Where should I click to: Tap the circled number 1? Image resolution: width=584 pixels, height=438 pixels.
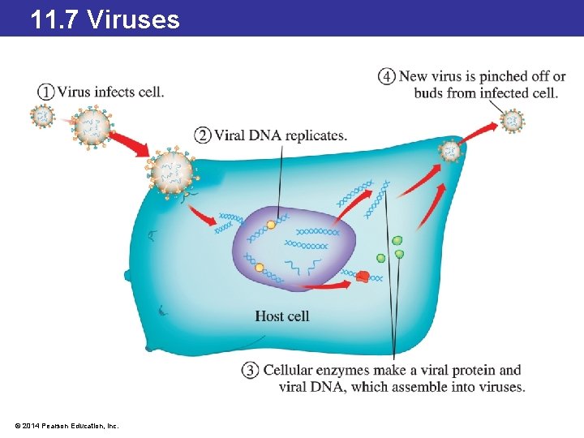46,92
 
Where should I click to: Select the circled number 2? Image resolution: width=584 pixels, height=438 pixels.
203,135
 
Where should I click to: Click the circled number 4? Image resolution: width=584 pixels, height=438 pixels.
387,77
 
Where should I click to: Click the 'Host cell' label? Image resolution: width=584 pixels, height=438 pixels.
281,316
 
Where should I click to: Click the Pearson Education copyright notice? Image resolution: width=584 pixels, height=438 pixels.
66,425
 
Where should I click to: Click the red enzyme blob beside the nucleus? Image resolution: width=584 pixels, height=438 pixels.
363,277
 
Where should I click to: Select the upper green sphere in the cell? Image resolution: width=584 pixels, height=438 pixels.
397,241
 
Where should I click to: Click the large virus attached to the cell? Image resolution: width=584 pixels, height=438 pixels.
171,172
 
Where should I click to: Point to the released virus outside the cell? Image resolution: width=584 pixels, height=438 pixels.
512,122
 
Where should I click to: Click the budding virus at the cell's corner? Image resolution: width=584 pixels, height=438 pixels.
449,150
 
